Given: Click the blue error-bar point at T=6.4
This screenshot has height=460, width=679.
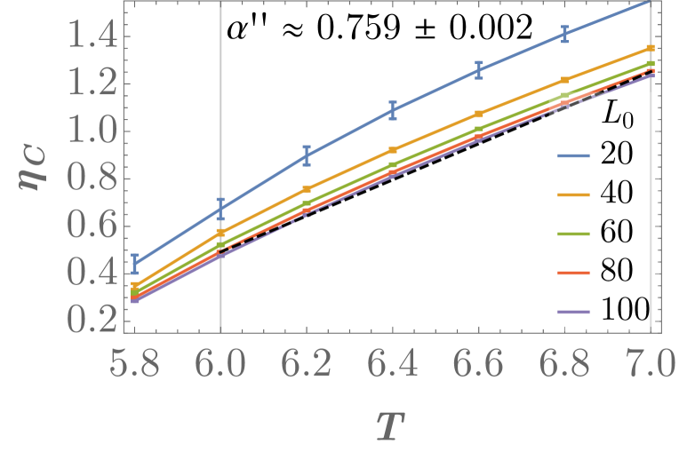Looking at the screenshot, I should [393, 111].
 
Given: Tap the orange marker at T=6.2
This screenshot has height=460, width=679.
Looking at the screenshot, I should [307, 190].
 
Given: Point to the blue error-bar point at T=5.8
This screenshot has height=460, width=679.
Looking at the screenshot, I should [134, 264].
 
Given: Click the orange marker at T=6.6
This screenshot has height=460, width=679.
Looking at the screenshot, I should [479, 115].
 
